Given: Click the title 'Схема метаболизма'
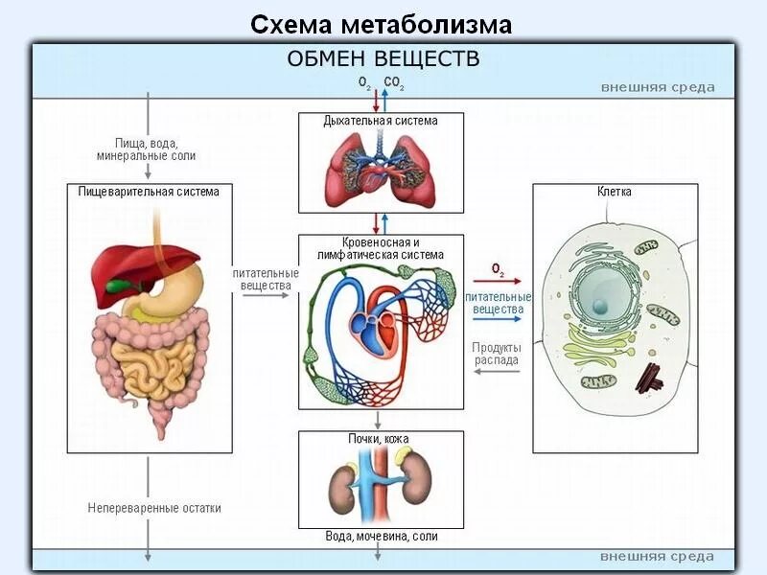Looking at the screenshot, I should tap(382, 24).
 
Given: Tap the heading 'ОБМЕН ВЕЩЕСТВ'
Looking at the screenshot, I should tap(383, 59).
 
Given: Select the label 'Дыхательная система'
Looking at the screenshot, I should tap(381, 121).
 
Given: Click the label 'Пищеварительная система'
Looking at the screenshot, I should tap(149, 192).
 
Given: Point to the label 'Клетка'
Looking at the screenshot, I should tap(615, 192).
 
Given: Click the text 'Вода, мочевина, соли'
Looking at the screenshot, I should tap(382, 537).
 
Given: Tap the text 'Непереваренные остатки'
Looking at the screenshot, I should tap(154, 508).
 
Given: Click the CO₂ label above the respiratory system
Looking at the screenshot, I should tap(394, 83).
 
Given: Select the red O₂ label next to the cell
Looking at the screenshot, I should tap(498, 270).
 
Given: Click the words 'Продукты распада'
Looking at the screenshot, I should tap(497, 354).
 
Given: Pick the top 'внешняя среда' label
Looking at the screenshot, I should tap(658, 87).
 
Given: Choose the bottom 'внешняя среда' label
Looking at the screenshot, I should tap(658, 557).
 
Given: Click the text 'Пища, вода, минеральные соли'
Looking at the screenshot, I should tap(147, 149).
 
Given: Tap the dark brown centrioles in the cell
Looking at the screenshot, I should tap(650, 378).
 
